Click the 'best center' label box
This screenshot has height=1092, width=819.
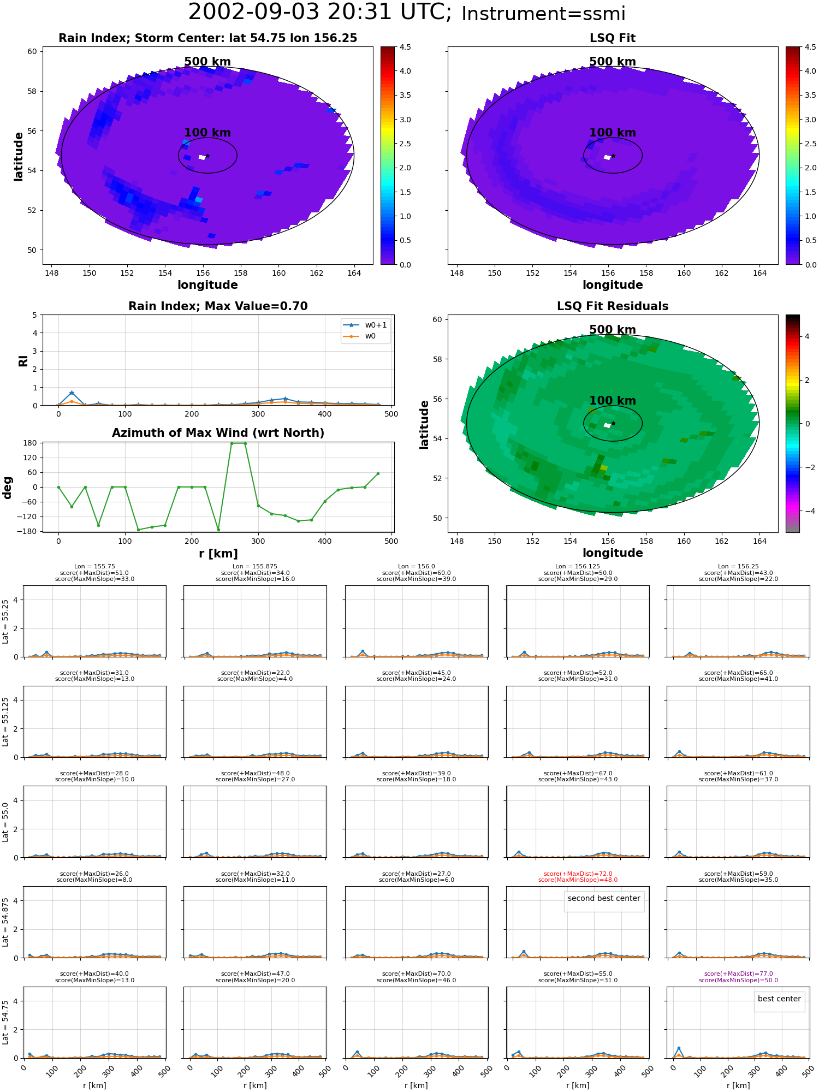(x=779, y=999)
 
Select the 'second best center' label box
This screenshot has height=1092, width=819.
(x=604, y=898)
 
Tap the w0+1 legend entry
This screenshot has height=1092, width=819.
(x=366, y=325)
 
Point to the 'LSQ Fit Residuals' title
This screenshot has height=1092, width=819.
(x=613, y=306)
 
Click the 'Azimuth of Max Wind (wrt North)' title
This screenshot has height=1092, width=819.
(x=218, y=433)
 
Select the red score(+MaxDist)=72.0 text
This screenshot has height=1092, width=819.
(x=578, y=874)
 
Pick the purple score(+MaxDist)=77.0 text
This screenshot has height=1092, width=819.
(x=738, y=974)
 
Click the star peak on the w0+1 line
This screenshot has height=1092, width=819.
(x=72, y=393)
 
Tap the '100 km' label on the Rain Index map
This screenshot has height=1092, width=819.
(x=207, y=133)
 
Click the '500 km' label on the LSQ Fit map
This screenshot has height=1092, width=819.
(x=613, y=62)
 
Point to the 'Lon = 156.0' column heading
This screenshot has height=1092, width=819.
(x=417, y=567)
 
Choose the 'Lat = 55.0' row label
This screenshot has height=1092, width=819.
(x=5, y=822)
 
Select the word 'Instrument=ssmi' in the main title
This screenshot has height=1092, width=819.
(x=543, y=14)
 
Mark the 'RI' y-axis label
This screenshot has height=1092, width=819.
(x=23, y=360)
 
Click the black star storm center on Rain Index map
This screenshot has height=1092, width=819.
(x=207, y=156)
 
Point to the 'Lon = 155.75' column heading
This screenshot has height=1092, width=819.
(x=95, y=567)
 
